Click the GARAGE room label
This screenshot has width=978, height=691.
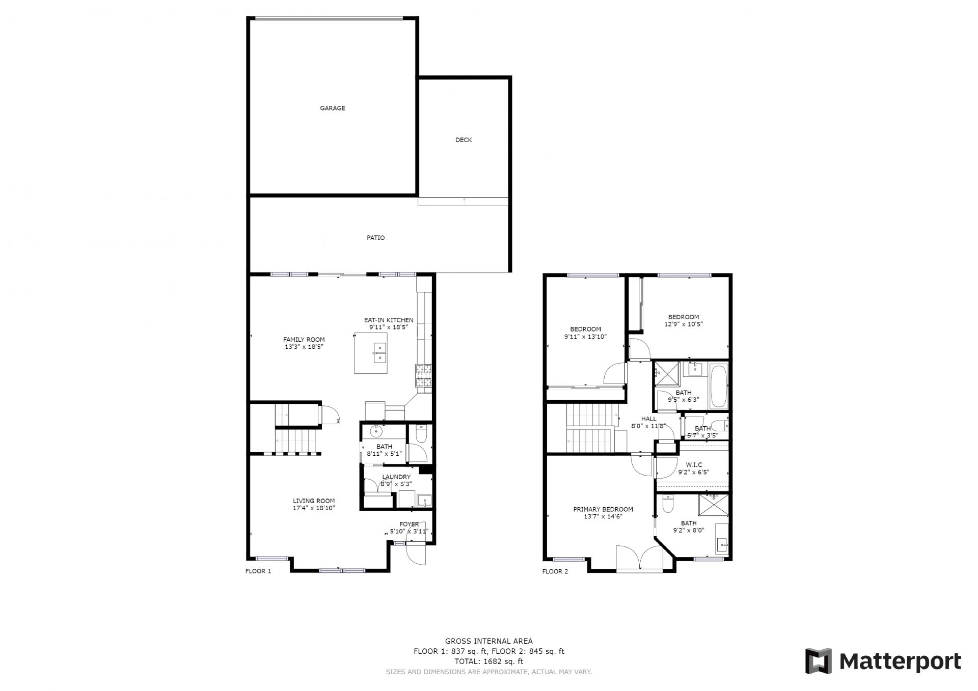click(332, 108)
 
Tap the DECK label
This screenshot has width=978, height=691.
click(464, 140)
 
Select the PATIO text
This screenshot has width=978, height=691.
click(376, 238)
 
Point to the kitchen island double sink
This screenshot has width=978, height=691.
click(380, 352)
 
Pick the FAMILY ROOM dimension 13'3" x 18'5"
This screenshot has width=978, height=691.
click(304, 347)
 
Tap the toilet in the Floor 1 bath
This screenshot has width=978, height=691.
click(421, 433)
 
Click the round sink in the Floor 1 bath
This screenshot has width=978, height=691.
click(376, 431)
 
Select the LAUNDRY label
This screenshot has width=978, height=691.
click(396, 477)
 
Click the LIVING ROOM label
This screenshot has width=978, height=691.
click(314, 501)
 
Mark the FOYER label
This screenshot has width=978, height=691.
click(409, 524)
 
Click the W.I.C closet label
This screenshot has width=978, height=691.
click(694, 465)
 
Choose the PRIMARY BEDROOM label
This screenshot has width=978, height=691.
click(603, 509)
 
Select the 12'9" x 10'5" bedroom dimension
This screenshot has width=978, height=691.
click(684, 324)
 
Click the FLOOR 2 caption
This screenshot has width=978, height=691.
click(555, 571)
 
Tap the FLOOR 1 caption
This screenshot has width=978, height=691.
click(258, 571)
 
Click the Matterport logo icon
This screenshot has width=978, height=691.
click(818, 661)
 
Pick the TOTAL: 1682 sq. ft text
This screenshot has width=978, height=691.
click(488, 661)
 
